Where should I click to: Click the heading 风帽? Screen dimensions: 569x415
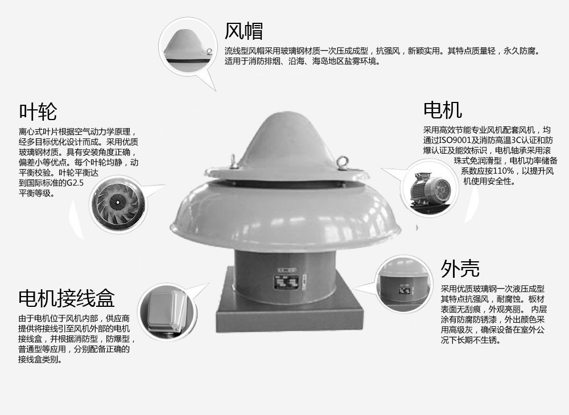(244, 31)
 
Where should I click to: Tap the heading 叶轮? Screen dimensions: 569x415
(38, 111)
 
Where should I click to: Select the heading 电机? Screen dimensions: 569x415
(442, 110)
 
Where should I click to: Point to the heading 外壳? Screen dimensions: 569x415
(460, 268)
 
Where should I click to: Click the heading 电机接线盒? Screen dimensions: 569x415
(67, 298)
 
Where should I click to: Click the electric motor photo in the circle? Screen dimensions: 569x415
(430, 190)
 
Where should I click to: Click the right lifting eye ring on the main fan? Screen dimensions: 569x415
(342, 162)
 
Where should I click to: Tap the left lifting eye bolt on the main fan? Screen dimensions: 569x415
(234, 161)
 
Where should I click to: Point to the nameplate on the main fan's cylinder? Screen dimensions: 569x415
(286, 282)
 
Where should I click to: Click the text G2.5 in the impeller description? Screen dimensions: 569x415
(75, 183)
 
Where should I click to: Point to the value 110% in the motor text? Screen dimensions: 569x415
(504, 171)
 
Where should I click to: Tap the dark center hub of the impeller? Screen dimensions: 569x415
(117, 202)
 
